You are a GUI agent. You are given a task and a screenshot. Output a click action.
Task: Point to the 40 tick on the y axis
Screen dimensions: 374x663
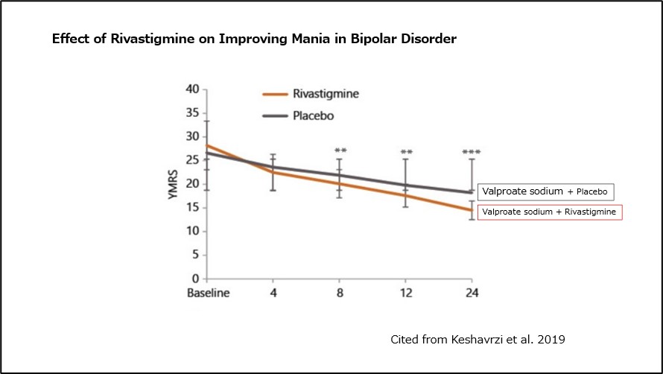coord(191,89)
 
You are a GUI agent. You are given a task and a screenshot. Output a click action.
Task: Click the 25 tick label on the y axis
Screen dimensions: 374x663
coord(191,160)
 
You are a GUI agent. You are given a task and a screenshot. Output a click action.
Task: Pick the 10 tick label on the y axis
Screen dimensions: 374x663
coord(191,231)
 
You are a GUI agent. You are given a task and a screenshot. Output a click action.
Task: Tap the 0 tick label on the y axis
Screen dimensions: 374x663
coord(195,279)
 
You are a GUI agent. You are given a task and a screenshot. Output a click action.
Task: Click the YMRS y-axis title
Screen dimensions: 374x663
coord(172,184)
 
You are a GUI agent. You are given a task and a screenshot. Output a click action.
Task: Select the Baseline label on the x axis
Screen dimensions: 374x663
coord(208,293)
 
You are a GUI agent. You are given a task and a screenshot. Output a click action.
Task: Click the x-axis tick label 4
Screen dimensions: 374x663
coord(273,293)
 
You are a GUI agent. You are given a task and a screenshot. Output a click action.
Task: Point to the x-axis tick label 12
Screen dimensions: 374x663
coord(405,293)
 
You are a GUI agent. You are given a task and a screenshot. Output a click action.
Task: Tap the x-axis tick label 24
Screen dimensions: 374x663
coord(471,293)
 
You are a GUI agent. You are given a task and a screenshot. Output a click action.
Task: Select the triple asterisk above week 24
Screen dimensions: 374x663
coord(471,153)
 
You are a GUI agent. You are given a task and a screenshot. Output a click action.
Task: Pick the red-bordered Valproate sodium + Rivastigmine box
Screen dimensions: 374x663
coord(549,212)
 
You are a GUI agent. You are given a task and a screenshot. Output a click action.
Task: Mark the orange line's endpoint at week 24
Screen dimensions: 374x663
coord(471,210)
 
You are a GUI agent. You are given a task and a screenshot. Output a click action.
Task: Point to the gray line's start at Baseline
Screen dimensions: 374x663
coord(206,153)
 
